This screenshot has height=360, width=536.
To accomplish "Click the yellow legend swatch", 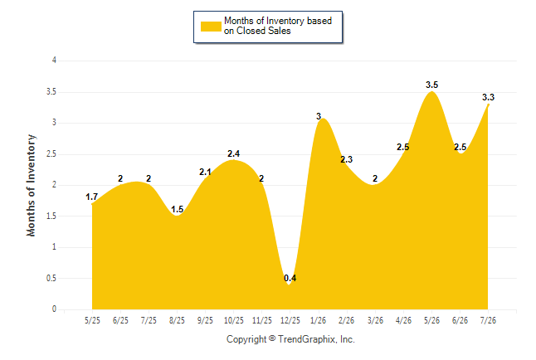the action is (211, 27).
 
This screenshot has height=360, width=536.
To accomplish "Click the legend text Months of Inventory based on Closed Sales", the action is (278, 26).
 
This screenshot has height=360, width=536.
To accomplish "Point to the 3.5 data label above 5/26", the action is (431, 85).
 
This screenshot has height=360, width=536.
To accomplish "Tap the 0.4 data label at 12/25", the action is (290, 278).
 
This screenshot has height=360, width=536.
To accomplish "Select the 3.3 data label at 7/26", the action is (488, 97).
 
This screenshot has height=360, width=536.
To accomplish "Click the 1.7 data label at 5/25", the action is (91, 197).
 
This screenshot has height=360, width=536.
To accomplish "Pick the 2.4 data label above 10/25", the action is (233, 153).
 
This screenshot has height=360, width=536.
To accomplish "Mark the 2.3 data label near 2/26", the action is (346, 159).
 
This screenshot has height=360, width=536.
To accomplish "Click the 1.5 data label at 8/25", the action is (177, 209).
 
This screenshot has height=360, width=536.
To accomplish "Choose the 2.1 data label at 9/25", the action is (205, 173).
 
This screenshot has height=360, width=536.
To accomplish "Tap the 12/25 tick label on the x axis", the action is (290, 321).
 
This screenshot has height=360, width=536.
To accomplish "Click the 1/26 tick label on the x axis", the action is (318, 321).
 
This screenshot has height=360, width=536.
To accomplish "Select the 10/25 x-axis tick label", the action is (234, 321).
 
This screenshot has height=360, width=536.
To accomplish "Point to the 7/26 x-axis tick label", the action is (488, 321).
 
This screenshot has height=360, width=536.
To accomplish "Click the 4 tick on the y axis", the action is (54, 61).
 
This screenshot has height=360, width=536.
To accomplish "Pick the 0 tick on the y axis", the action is (54, 309).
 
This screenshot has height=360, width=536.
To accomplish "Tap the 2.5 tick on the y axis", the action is (51, 153).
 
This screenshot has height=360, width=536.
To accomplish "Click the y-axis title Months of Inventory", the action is (31, 185).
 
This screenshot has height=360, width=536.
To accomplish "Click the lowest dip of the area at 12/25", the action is (290, 285).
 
